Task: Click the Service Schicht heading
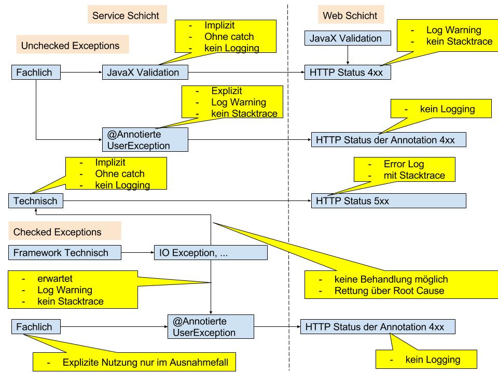[x=126, y=16]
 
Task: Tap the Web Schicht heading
[x=350, y=16]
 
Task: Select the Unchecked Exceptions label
[x=70, y=46]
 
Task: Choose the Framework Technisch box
[x=65, y=253]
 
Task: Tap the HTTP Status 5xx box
[x=389, y=200]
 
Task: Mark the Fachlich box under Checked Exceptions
[x=35, y=327]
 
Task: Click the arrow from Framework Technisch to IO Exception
[x=137, y=253]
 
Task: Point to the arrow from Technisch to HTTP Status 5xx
[x=187, y=200]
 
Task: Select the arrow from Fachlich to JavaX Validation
[x=80, y=73]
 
